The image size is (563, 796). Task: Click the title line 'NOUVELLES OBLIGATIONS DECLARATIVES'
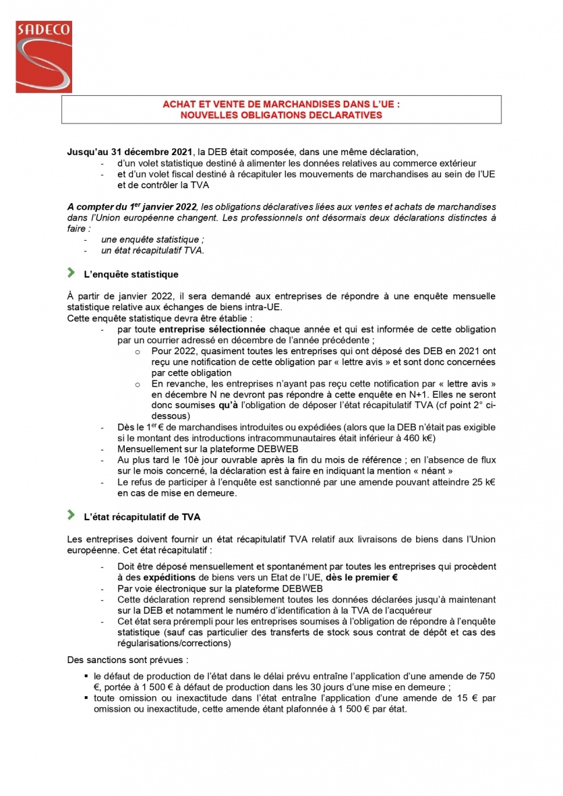(281, 115)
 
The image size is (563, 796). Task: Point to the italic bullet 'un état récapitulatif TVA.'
(152, 250)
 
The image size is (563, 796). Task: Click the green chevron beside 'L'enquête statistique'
(71, 273)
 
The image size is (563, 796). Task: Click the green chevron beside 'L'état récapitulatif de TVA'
(71, 515)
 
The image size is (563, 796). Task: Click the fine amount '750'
(487, 675)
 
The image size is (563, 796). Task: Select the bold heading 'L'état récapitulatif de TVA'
(142, 517)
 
